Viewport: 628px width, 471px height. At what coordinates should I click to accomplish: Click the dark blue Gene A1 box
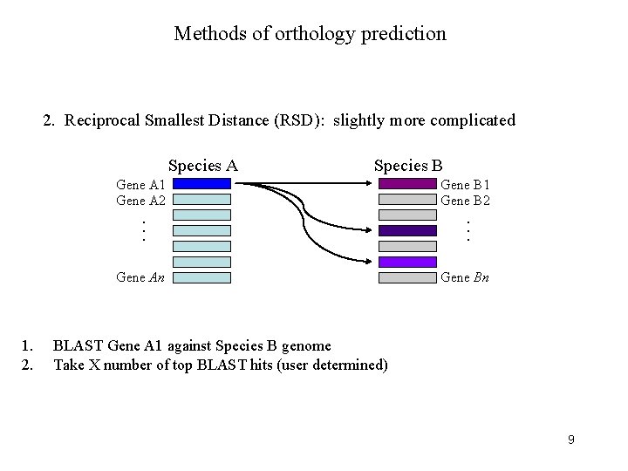coord(201,184)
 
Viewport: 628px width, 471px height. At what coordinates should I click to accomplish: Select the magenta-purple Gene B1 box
coord(407,184)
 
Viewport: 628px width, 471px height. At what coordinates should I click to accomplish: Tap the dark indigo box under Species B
coord(407,230)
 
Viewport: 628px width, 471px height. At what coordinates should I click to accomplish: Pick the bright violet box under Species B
coord(407,262)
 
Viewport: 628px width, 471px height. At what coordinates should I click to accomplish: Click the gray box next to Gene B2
coord(407,200)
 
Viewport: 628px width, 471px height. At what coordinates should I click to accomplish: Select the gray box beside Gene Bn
coord(407,278)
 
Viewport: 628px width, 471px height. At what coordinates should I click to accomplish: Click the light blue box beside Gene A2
coord(201,200)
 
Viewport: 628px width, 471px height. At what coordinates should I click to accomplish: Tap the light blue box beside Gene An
coord(201,278)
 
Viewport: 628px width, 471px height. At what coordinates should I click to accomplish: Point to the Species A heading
coord(202,166)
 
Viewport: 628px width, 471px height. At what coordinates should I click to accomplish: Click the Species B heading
coord(408,166)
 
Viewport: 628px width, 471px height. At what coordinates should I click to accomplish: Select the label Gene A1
coord(141,185)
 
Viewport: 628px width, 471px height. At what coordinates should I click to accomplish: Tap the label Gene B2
coord(466,201)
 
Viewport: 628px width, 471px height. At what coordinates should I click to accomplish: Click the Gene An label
coord(141,278)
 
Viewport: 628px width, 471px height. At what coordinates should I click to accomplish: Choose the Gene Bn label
coord(465,278)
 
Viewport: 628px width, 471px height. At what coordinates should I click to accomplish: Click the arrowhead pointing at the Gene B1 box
coord(372,184)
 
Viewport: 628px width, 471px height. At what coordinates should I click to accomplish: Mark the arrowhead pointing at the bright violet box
coord(372,262)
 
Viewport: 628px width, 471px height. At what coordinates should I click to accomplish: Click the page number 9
coord(570,440)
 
